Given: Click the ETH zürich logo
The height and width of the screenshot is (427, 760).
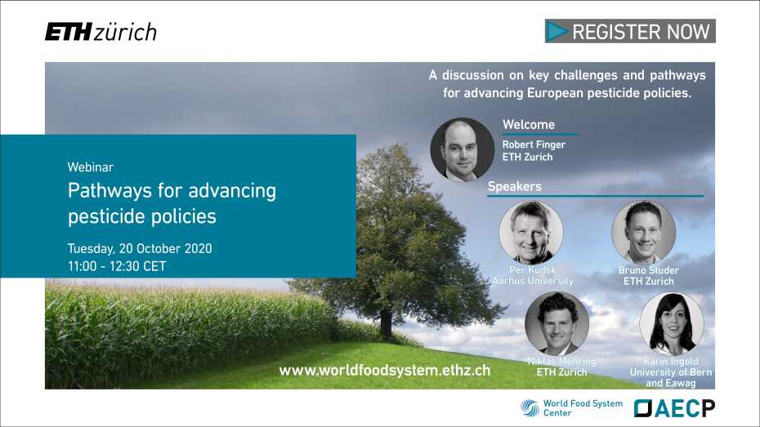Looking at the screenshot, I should pyautogui.click(x=101, y=32).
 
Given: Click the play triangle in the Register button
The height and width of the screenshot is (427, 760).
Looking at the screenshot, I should pyautogui.click(x=558, y=32).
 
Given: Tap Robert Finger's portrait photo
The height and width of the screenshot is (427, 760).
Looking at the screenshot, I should pyautogui.click(x=462, y=149).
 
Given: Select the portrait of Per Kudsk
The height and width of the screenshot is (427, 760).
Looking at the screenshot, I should pyautogui.click(x=531, y=233).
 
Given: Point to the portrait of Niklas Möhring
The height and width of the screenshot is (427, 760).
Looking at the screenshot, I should pyautogui.click(x=557, y=323).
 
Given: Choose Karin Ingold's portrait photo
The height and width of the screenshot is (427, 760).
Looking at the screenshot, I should pyautogui.click(x=671, y=323).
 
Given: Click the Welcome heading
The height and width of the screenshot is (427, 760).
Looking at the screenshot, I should pyautogui.click(x=529, y=125).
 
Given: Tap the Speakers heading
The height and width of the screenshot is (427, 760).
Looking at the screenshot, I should pyautogui.click(x=515, y=186).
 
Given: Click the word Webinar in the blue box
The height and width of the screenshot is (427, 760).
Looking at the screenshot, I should pyautogui.click(x=92, y=167).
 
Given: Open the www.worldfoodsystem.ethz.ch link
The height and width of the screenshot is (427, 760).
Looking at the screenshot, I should pyautogui.click(x=384, y=370).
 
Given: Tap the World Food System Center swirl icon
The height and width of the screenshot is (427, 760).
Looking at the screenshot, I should pyautogui.click(x=530, y=408).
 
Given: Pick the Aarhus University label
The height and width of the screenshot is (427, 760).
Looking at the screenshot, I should pyautogui.click(x=533, y=281).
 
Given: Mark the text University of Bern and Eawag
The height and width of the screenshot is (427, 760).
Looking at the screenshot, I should pyautogui.click(x=670, y=377).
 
